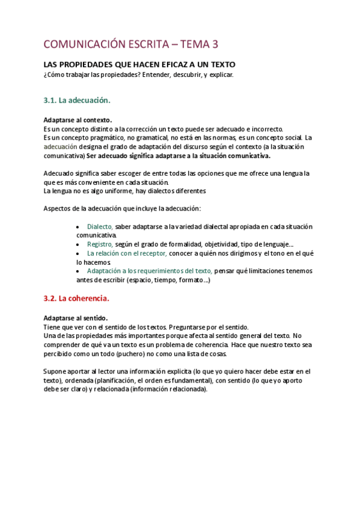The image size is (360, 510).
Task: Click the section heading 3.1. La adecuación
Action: pos(77,100)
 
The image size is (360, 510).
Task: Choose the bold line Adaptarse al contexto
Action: pos(78,120)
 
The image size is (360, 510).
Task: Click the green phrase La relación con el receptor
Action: pos(127,254)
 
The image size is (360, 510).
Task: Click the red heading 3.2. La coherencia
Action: pos(76,298)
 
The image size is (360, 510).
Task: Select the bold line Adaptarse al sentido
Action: pos(76,318)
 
